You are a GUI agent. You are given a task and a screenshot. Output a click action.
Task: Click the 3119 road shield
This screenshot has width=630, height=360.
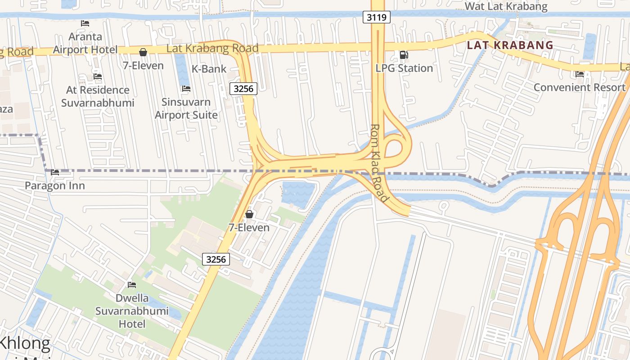(376, 18)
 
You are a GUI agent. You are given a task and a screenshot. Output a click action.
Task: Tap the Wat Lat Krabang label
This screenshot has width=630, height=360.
(506, 6)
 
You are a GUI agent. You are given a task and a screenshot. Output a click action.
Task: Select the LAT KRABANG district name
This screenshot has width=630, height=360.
(510, 45)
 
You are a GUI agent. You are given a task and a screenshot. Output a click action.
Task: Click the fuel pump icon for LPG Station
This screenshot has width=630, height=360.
(404, 55)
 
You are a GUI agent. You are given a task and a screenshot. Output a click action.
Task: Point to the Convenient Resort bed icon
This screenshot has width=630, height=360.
(580, 74)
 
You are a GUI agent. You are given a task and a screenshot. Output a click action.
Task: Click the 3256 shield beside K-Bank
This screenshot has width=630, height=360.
(243, 89)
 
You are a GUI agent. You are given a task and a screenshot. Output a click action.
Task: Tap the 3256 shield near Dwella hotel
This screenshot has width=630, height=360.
(216, 259)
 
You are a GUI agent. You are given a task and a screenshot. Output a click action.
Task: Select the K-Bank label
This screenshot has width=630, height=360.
(209, 69)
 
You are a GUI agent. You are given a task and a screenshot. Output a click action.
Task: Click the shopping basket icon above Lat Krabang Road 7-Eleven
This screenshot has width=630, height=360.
(143, 53)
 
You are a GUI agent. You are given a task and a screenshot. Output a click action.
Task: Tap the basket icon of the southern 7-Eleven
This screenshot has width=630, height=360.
(249, 214)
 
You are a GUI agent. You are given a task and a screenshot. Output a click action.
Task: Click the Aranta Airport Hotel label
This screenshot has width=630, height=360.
(85, 43)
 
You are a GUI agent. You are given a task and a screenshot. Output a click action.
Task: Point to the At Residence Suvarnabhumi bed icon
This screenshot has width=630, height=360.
(98, 76)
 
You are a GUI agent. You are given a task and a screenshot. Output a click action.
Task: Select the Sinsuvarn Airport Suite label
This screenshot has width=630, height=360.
(186, 108)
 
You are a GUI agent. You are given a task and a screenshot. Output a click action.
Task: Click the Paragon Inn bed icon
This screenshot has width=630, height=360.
(55, 172)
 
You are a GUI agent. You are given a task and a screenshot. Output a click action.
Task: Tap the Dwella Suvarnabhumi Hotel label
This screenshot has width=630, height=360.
(132, 310)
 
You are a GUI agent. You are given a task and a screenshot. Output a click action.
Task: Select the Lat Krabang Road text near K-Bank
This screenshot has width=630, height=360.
(212, 48)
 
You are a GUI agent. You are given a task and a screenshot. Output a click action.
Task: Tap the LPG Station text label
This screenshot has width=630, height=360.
(404, 68)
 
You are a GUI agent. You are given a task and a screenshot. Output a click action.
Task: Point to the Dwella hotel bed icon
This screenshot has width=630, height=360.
(132, 285)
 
